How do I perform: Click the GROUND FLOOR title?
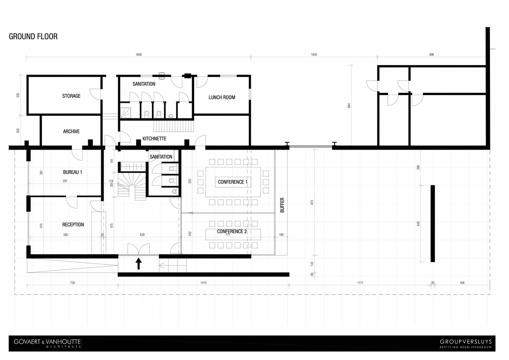click(33, 36)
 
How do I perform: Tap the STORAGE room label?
click(71, 96)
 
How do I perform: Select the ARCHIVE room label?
click(71, 131)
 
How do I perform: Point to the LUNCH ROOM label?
click(222, 98)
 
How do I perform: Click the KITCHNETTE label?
click(154, 139)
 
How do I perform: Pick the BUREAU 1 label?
click(72, 172)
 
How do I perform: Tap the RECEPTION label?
click(73, 225)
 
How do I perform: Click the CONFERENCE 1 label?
click(233, 182)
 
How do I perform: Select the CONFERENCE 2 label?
click(232, 231)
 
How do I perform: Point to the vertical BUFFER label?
click(282, 205)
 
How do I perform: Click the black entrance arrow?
click(139, 264)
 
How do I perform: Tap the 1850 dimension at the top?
click(139, 55)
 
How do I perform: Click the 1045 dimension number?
click(314, 55)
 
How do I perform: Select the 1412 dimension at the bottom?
click(203, 283)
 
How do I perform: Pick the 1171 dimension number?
click(360, 283)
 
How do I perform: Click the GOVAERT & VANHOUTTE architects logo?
click(47, 343)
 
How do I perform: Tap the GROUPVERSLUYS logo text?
click(466, 342)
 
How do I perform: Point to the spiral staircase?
click(132, 186)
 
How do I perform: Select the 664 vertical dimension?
click(349, 105)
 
